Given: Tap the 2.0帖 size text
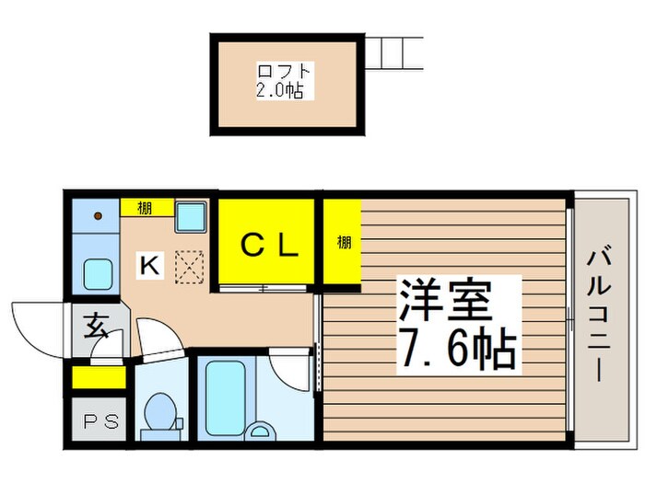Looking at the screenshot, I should point(285,90).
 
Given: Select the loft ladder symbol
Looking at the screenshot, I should point(393,53).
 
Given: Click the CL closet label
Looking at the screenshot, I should point(269,245).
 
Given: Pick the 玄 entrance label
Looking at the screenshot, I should point(95,325).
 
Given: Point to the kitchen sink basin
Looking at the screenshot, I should point(97,273).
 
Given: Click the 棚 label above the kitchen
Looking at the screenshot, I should point(145,208).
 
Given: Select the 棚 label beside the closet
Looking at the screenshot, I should point(343,243).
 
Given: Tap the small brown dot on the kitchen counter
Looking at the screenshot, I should point(98,217).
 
